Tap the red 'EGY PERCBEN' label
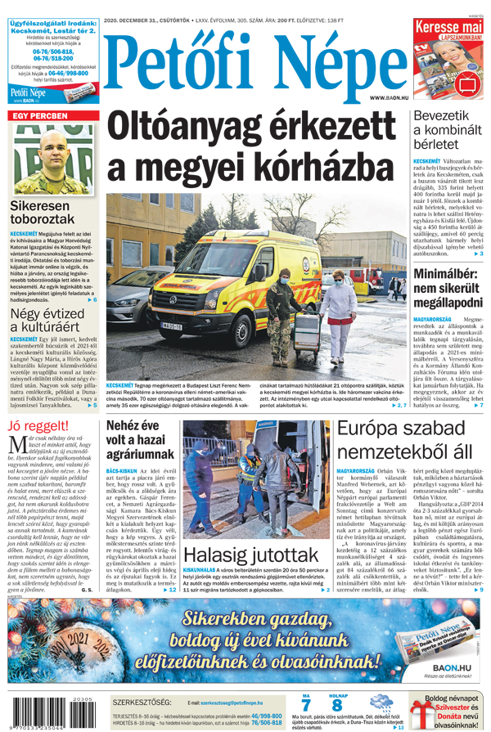tap(39, 117)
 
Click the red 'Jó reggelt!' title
tap(38, 426)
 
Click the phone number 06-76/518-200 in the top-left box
tap(51, 59)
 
